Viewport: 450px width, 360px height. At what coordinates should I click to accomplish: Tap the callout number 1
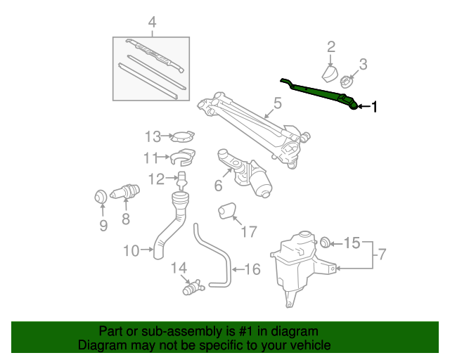pos(375,107)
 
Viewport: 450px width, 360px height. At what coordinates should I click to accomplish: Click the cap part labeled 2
pos(329,74)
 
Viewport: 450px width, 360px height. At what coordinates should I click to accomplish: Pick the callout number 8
pos(126,219)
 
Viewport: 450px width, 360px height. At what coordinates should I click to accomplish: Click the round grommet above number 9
pos(100,195)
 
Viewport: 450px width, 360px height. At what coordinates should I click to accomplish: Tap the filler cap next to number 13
pos(184,136)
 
